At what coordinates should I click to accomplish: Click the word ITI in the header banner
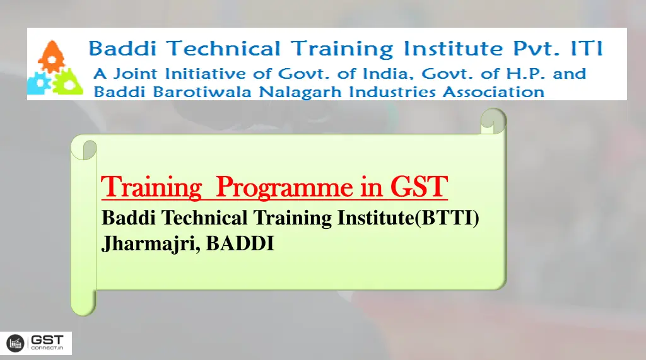(586, 49)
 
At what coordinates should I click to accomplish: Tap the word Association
(493, 92)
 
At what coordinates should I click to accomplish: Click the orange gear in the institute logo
(49, 56)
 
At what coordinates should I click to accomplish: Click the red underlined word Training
(151, 187)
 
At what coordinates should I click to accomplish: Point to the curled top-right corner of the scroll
(493, 120)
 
